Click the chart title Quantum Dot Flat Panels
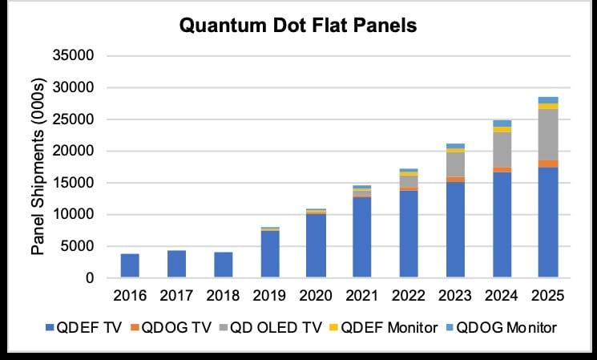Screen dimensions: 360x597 pyautogui.click(x=298, y=26)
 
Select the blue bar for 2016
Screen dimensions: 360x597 pyautogui.click(x=130, y=265)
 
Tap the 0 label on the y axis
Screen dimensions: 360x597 pyautogui.click(x=90, y=278)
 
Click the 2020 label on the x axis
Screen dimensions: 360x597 pyautogui.click(x=316, y=296)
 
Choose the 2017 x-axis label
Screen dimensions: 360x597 pyautogui.click(x=176, y=296)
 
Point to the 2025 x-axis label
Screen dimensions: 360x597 pyautogui.click(x=548, y=296)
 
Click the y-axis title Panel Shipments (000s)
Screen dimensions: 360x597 pyautogui.click(x=38, y=167)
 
